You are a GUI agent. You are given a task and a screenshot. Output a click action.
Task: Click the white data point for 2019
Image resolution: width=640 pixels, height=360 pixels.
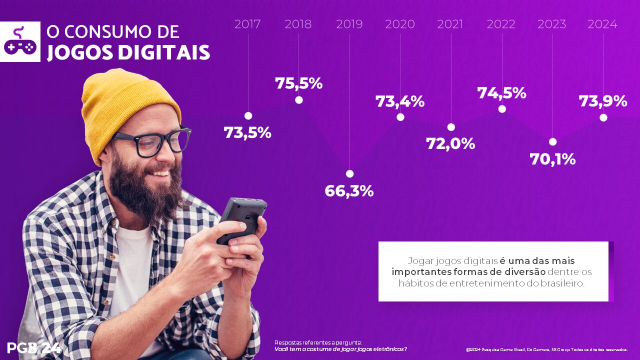tap(349, 173)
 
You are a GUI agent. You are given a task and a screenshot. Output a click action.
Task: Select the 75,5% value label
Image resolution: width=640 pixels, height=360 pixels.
tap(298, 83)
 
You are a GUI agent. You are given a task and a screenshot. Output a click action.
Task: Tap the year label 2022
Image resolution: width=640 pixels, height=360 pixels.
tap(501, 24)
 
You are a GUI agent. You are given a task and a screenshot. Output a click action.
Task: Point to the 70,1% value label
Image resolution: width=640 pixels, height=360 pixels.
tap(552, 159)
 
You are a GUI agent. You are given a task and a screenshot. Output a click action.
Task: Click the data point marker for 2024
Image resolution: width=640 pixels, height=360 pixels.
tap(603, 117)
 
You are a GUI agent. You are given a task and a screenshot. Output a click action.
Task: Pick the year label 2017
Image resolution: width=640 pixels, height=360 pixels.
tap(247, 24)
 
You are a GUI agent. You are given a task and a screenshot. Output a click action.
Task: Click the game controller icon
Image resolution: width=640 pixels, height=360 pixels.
tap(20, 42)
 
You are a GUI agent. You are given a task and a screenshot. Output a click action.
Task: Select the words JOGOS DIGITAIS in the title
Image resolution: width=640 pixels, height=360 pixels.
tap(128, 52)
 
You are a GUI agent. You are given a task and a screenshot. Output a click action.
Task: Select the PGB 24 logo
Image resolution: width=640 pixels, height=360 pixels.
tap(34, 348)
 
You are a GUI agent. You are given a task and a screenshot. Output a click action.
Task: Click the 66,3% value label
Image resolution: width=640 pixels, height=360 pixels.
tap(349, 191)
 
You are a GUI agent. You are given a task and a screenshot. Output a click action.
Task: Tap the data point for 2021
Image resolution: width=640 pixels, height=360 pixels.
tap(451, 127)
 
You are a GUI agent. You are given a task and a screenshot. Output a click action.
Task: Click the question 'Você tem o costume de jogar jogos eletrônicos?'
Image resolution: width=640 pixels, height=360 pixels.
tap(340, 349)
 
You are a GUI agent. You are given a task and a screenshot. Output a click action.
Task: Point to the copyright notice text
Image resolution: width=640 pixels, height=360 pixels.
tap(546, 349)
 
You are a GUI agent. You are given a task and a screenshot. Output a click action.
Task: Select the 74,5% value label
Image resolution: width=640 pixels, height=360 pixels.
tap(501, 93)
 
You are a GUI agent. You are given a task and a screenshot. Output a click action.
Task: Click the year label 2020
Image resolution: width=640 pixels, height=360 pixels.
tap(400, 24)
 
